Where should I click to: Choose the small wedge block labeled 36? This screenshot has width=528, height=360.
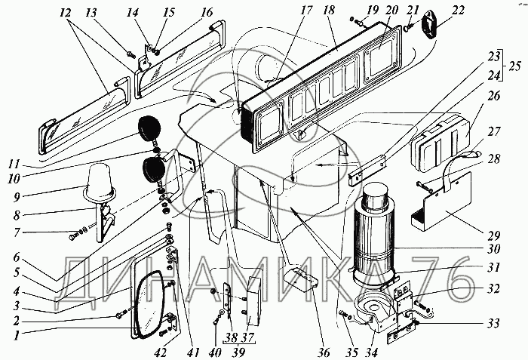tap(297, 276)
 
